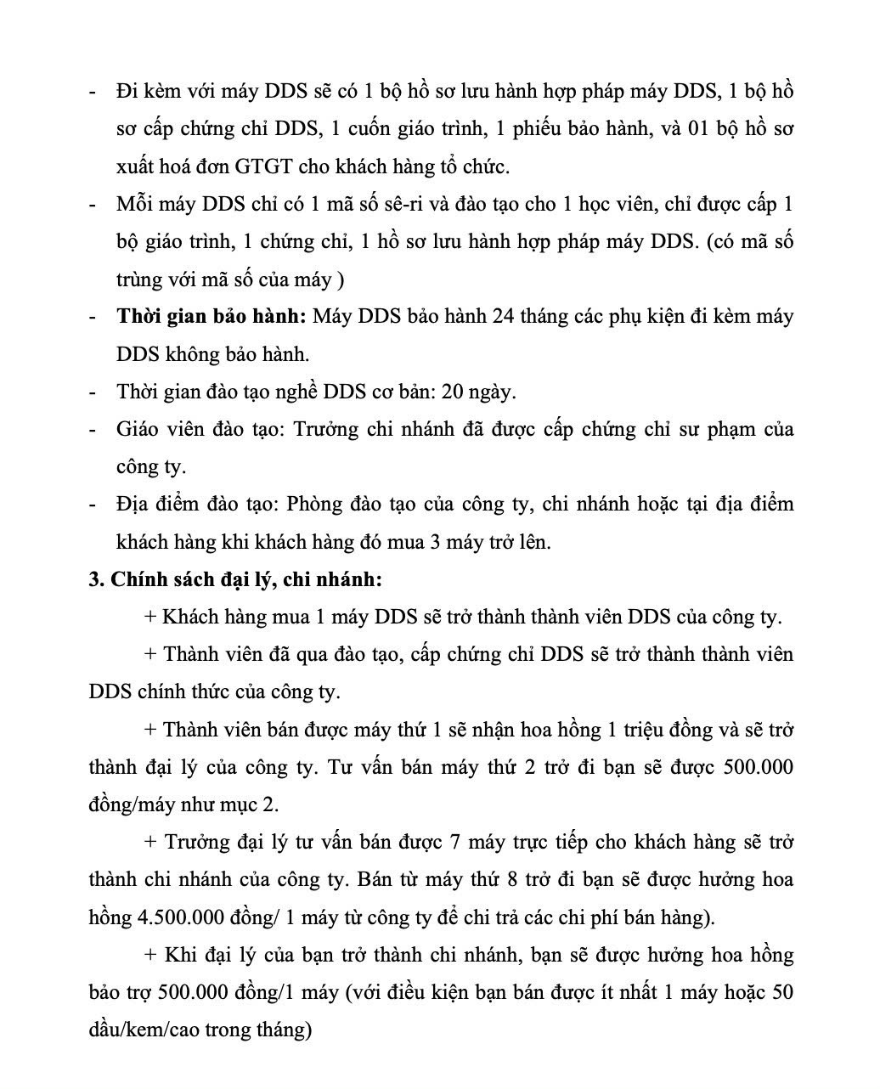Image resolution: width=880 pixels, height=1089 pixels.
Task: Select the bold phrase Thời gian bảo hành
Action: click(x=212, y=317)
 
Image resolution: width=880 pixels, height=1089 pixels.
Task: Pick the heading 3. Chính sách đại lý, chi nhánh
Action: click(x=235, y=579)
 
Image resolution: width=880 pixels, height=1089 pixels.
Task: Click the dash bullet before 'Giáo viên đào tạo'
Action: click(x=93, y=429)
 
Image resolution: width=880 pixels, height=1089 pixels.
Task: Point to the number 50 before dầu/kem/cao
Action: click(x=782, y=992)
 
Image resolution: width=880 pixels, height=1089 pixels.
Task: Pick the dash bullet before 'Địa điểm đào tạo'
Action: click(x=93, y=504)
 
